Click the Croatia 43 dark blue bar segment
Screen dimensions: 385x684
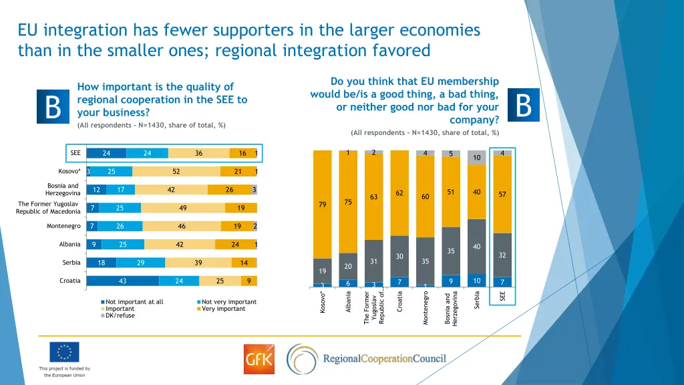pyautogui.click(x=123, y=281)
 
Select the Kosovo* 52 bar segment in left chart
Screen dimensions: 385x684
pyautogui.click(x=176, y=171)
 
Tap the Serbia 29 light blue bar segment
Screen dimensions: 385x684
pyautogui.click(x=140, y=263)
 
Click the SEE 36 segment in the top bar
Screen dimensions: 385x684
pyautogui.click(x=198, y=153)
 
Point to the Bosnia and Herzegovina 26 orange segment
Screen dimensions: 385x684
pyautogui.click(x=229, y=190)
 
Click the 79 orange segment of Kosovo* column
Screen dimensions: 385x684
pyautogui.click(x=323, y=204)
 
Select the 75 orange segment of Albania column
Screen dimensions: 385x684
pyautogui.click(x=348, y=202)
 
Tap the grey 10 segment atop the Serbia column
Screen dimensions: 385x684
pyautogui.click(x=476, y=157)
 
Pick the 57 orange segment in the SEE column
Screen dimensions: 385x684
pyautogui.click(x=502, y=194)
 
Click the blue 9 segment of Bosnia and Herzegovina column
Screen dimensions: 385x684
pyautogui.click(x=451, y=281)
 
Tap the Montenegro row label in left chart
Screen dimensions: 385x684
pyautogui.click(x=63, y=226)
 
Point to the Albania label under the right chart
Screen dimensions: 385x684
pyautogui.click(x=348, y=304)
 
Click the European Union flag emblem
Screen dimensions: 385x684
pyautogui.click(x=64, y=352)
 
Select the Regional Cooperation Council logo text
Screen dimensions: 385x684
pyautogui.click(x=384, y=359)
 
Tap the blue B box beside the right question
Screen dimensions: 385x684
pyautogui.click(x=524, y=106)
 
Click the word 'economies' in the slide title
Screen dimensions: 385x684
pyautogui.click(x=441, y=30)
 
